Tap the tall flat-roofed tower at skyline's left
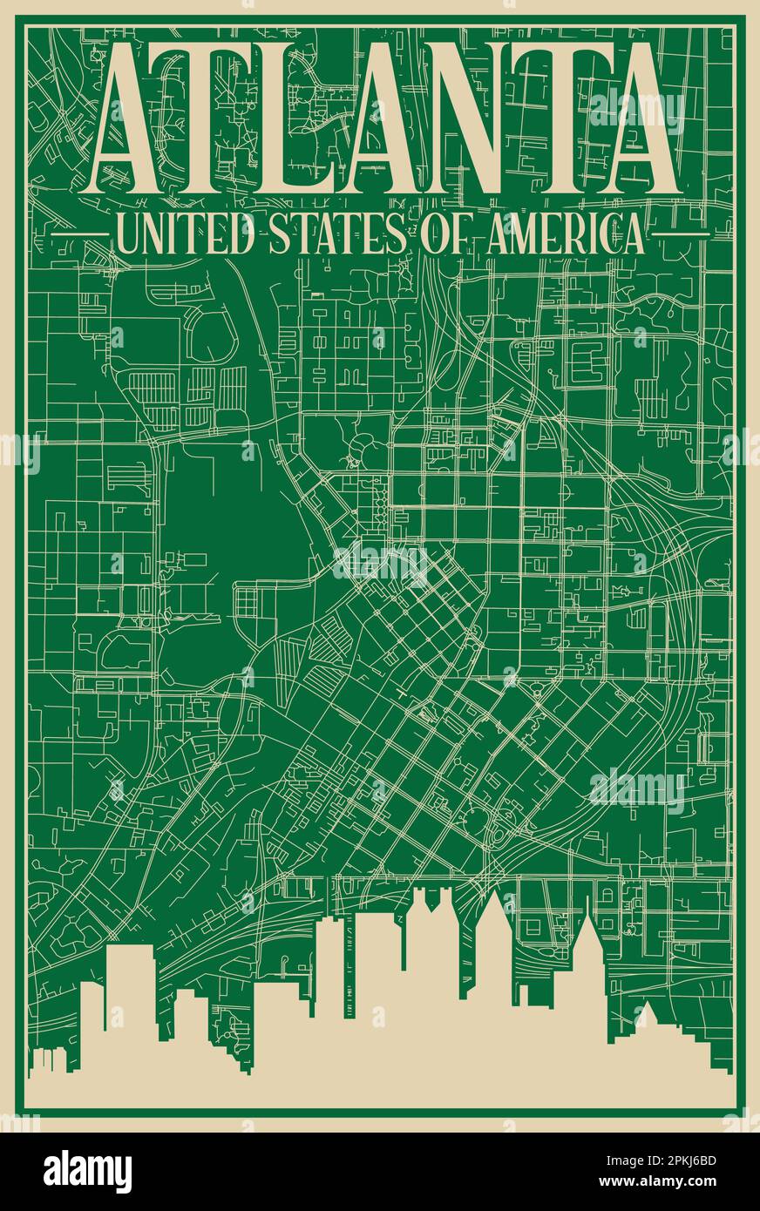131,993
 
